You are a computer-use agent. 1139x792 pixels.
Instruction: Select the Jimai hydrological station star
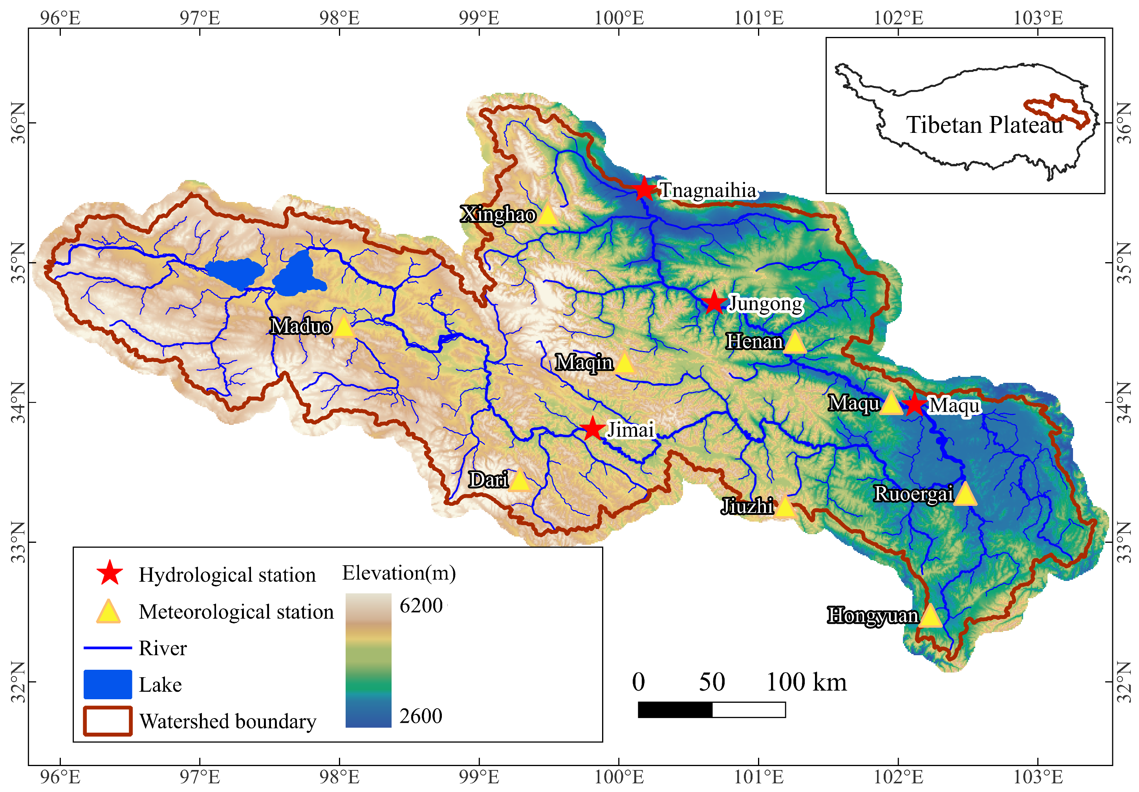pyautogui.click(x=591, y=429)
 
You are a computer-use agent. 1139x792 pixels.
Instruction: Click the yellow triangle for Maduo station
pyautogui.click(x=343, y=327)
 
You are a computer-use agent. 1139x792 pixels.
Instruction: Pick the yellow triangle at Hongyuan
pyautogui.click(x=930, y=617)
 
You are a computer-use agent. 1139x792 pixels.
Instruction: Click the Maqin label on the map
pyautogui.click(x=584, y=363)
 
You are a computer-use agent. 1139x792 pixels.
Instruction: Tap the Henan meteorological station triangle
pyautogui.click(x=795, y=343)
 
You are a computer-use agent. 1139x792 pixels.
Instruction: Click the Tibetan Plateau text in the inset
pyautogui.click(x=984, y=125)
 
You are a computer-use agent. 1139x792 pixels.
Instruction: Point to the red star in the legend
pyautogui.click(x=110, y=573)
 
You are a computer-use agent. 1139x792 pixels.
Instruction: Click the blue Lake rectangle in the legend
pyautogui.click(x=108, y=684)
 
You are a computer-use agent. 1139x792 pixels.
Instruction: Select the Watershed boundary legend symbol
pyautogui.click(x=108, y=721)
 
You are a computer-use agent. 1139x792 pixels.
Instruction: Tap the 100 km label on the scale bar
pyautogui.click(x=806, y=682)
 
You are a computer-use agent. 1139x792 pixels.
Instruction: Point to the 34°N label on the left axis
pyautogui.click(x=18, y=402)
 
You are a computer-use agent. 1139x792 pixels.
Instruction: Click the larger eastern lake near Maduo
pyautogui.click(x=298, y=274)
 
